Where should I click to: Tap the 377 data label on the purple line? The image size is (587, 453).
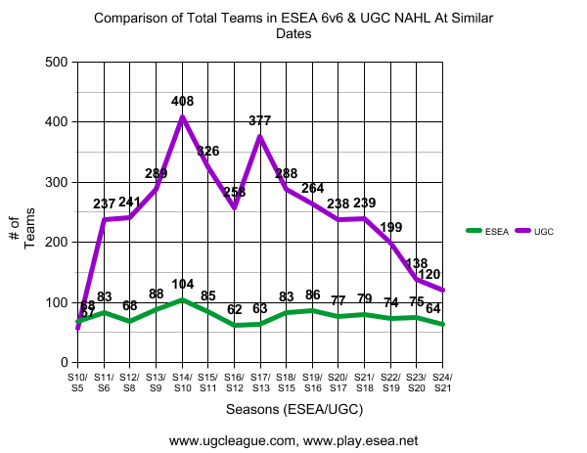(x=260, y=121)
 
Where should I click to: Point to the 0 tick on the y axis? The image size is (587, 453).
(x=62, y=363)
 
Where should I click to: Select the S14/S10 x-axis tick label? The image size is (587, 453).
(x=182, y=383)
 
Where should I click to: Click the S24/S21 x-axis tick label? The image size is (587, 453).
(x=443, y=383)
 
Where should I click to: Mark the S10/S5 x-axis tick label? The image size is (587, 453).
(x=77, y=383)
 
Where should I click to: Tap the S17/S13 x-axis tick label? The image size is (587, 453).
(x=260, y=383)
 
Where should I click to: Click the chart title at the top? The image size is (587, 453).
(x=293, y=25)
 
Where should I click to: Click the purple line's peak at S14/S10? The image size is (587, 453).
(x=182, y=117)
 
